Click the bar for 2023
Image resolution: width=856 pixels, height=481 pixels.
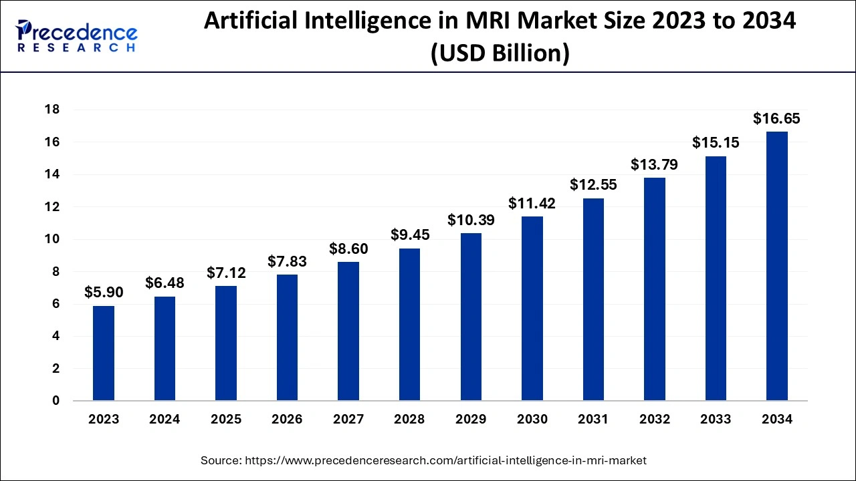[x=104, y=353]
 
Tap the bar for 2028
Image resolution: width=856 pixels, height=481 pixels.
[x=409, y=325]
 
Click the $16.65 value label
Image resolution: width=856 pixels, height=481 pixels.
[x=776, y=119]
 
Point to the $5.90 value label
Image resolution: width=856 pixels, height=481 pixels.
[x=104, y=293]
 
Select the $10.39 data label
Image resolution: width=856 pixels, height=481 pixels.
[x=471, y=220]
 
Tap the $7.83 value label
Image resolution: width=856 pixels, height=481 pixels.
[x=287, y=261]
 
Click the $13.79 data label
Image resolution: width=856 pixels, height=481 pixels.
[x=654, y=164]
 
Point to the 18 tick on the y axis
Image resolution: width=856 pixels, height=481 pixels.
[x=51, y=110]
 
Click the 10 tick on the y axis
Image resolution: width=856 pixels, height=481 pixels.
[x=51, y=239]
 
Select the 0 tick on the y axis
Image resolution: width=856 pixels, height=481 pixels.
[x=56, y=401]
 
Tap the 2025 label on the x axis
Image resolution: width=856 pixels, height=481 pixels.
[x=226, y=420]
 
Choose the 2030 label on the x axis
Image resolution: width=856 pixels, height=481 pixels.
[x=532, y=420]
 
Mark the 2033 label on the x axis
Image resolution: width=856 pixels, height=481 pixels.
[x=716, y=420]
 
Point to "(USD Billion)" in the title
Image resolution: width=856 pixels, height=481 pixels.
[x=500, y=53]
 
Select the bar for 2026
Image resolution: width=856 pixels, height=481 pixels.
[x=287, y=337]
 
